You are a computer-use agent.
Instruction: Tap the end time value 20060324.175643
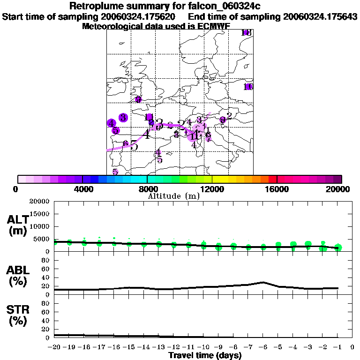pos(320,16)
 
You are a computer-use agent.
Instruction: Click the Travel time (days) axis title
pos(205,355)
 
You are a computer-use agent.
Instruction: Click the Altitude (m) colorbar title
pos(173,196)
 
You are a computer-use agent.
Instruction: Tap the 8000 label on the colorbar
pos(147,189)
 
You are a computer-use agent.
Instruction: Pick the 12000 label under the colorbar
pos(212,189)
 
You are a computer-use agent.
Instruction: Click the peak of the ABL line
pos(263,282)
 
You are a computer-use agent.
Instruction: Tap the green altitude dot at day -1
pos(338,247)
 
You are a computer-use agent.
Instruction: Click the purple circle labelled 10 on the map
pos(248,87)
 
